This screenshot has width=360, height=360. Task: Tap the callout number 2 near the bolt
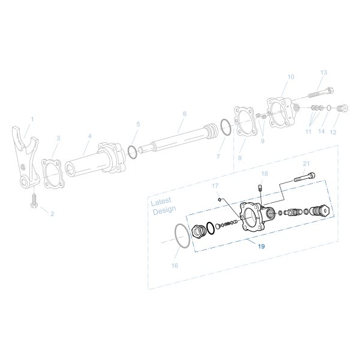[52, 214]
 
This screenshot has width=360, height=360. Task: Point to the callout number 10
[291, 77]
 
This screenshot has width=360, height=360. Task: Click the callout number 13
[323, 73]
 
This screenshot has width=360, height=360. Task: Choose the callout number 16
[175, 265]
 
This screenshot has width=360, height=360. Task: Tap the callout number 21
[307, 163]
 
